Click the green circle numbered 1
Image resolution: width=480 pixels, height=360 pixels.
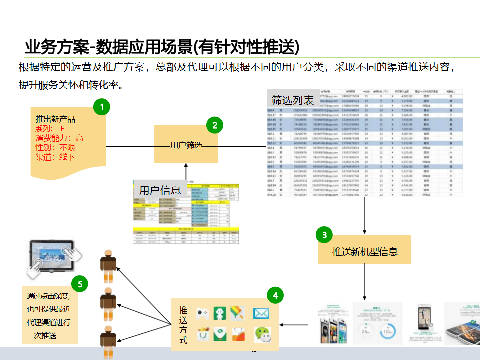[102, 107]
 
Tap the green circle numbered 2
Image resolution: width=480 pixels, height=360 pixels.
[215, 125]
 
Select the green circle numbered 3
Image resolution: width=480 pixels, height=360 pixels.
[324, 234]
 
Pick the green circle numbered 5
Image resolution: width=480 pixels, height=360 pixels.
[80, 284]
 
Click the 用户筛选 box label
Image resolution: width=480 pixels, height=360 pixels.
[186, 145]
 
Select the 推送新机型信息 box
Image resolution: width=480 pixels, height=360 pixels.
[365, 251]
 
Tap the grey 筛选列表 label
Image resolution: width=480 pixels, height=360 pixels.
[293, 100]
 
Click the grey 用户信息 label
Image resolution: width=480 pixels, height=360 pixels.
[160, 190]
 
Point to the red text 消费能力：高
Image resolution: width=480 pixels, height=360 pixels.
[59, 138]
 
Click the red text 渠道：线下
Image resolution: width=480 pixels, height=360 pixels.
[55, 157]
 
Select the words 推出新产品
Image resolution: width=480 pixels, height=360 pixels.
[55, 119]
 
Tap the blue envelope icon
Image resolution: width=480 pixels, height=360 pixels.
[261, 313]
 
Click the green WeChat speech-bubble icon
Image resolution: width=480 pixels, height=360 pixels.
[262, 334]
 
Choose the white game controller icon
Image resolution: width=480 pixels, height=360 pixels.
[202, 314]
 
